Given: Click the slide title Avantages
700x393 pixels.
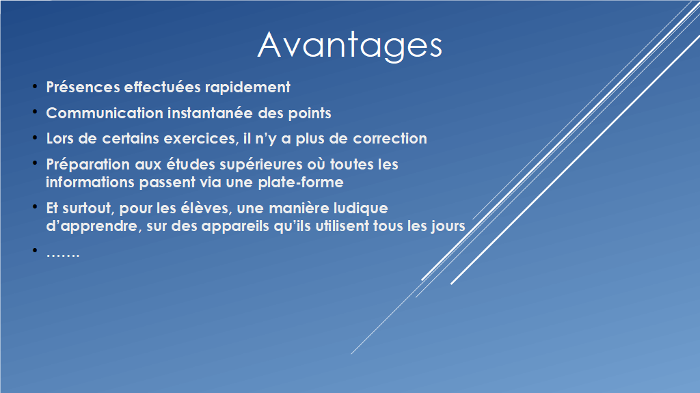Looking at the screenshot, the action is pyautogui.click(x=349, y=45).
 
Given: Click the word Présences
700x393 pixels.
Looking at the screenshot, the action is pyautogui.click(x=83, y=87).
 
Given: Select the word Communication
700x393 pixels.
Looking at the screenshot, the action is pyautogui.click(x=105, y=113).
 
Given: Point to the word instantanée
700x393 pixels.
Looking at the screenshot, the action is pyautogui.click(x=210, y=113).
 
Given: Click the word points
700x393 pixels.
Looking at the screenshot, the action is pyautogui.click(x=310, y=113).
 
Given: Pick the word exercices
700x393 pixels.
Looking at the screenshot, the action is pyautogui.click(x=200, y=139).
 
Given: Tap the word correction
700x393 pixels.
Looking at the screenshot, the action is pyautogui.click(x=390, y=139).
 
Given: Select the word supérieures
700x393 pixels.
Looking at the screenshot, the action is pyautogui.click(x=260, y=165).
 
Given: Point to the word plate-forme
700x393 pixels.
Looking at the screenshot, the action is pyautogui.click(x=301, y=182).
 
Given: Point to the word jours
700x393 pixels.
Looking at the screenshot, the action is pyautogui.click(x=448, y=226).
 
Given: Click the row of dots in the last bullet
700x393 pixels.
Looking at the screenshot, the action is pyautogui.click(x=63, y=256).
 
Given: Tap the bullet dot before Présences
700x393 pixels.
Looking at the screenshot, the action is pyautogui.click(x=35, y=85).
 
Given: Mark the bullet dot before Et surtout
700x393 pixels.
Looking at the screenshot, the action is pyautogui.click(x=35, y=207).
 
